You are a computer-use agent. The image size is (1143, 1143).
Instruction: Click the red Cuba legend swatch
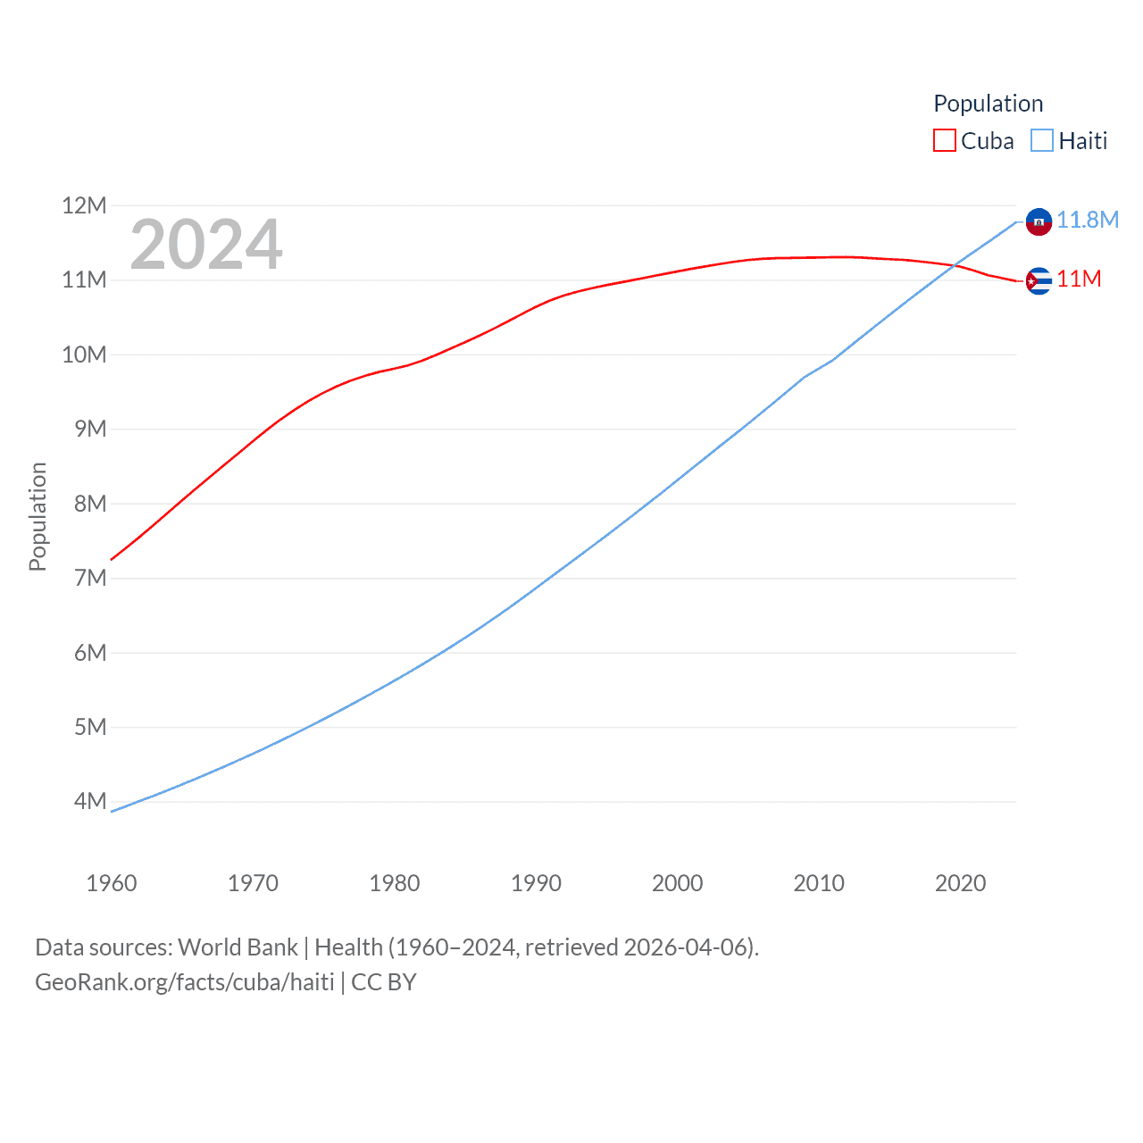click(x=944, y=141)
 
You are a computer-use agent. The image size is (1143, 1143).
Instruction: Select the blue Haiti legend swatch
click(x=1041, y=141)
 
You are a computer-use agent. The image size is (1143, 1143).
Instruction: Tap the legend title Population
click(x=988, y=104)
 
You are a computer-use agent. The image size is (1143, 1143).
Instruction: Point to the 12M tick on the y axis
click(x=84, y=206)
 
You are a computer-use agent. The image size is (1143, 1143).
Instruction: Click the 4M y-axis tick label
click(x=90, y=801)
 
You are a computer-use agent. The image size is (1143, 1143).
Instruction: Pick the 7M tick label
click(x=90, y=578)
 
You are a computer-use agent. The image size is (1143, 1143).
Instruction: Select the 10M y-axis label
click(x=84, y=355)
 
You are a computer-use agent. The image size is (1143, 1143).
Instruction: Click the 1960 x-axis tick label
click(x=112, y=883)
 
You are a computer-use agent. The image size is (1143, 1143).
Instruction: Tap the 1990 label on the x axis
click(x=536, y=883)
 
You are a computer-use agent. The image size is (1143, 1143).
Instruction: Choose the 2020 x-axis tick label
click(x=960, y=883)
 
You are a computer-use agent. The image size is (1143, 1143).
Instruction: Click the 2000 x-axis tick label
click(x=677, y=883)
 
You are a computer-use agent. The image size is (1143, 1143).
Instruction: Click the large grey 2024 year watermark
click(x=206, y=245)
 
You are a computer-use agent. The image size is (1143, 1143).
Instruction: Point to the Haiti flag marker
click(x=1039, y=221)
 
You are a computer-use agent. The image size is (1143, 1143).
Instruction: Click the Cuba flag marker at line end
click(x=1039, y=281)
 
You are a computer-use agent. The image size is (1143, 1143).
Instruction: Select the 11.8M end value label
click(x=1087, y=220)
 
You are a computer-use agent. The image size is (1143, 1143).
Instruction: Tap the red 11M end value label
click(x=1079, y=279)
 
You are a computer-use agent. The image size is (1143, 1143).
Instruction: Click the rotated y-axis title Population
click(x=38, y=516)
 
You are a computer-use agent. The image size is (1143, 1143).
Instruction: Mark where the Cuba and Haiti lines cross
click(x=956, y=264)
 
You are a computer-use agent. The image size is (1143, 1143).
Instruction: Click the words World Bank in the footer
click(x=238, y=947)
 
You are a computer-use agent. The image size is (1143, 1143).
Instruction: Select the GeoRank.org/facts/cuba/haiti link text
click(x=185, y=982)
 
